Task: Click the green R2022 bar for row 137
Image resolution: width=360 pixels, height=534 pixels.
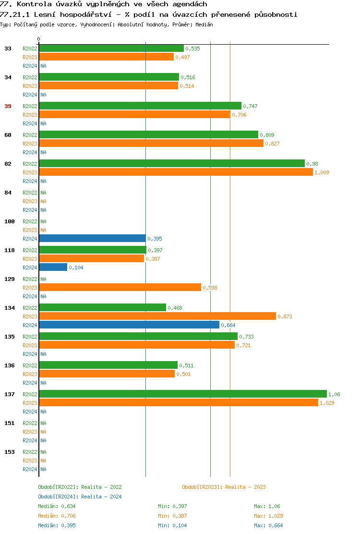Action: [182, 394]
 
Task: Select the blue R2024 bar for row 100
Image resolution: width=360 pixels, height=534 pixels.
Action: [92, 238]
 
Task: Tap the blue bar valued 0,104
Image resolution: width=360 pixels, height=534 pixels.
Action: [53, 267]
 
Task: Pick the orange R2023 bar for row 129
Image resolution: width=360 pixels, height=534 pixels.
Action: [120, 287]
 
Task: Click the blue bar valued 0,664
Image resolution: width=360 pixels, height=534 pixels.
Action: [129, 325]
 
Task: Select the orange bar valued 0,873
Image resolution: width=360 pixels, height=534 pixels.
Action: [157, 316]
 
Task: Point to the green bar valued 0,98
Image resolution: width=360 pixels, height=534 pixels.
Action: [171, 163]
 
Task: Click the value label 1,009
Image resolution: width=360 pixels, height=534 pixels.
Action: [322, 172]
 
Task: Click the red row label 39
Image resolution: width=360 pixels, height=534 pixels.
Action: [8, 106]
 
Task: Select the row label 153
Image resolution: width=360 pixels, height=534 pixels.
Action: [9, 452]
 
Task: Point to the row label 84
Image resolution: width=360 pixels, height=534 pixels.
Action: [8, 193]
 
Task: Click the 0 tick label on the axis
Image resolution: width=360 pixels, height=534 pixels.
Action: [39, 39]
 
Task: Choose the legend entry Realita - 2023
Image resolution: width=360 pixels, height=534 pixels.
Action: [224, 487]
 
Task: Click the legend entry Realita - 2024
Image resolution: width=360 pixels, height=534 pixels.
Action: [80, 497]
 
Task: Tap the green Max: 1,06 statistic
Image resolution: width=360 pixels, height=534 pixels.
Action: [267, 506]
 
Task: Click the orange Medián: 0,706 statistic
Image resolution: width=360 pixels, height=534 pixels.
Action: [57, 516]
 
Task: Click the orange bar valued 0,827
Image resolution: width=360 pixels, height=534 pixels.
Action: [151, 143]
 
